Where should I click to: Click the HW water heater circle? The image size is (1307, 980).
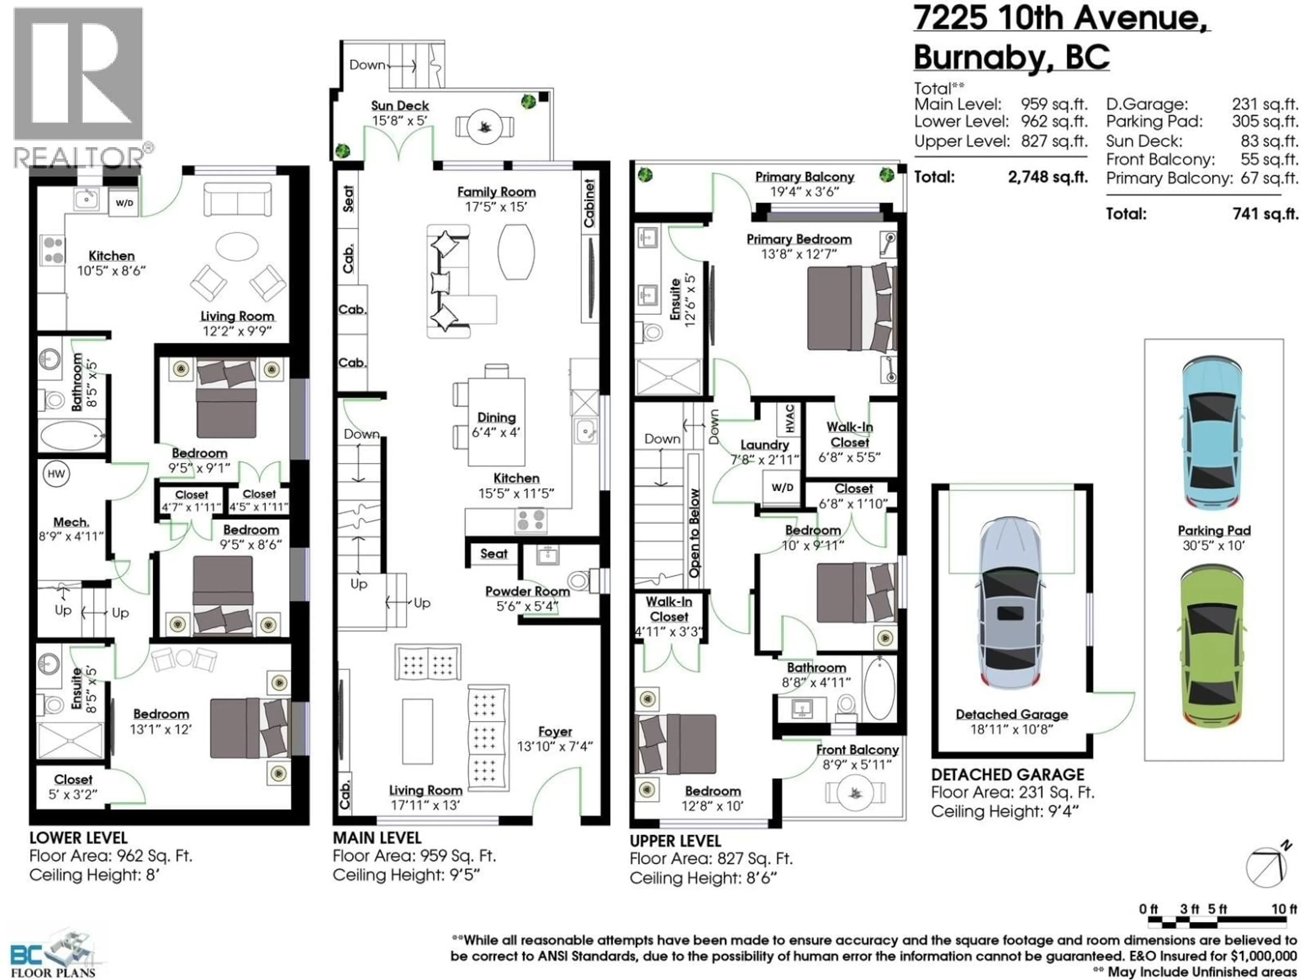point(56,474)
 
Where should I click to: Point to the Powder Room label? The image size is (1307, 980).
point(527,591)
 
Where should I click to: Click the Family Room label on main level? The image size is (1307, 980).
point(496,192)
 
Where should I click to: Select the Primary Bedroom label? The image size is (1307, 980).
point(799,239)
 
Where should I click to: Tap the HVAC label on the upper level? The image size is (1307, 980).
point(790,418)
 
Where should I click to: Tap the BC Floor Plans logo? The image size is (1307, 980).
point(53,954)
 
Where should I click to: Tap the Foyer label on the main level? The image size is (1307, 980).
point(555,732)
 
